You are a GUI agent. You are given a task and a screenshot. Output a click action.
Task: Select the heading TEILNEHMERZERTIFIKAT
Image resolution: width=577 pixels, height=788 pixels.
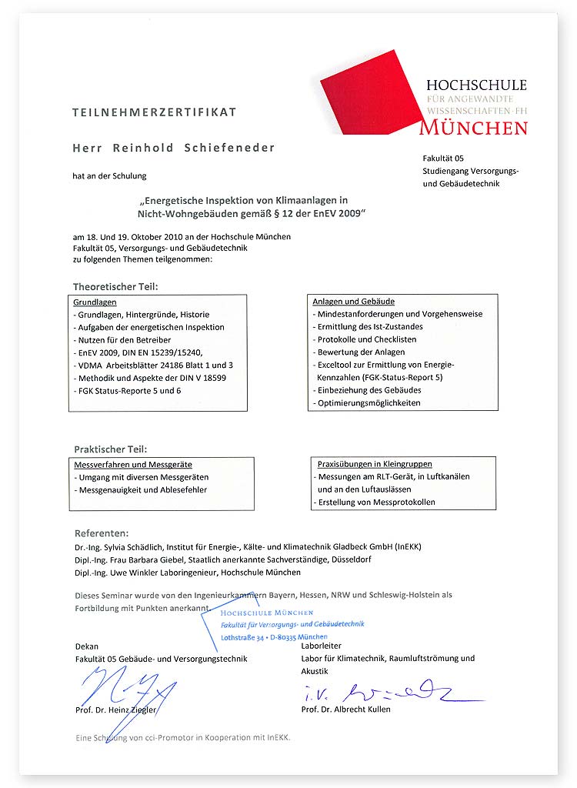click(x=155, y=112)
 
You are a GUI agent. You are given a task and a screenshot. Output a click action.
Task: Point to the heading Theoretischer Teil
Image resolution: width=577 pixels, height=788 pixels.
click(x=115, y=286)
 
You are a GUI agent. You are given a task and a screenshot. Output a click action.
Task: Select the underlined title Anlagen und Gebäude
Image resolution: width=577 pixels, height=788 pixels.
click(x=354, y=302)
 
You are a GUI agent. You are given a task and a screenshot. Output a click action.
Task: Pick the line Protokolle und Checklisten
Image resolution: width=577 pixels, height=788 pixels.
click(x=366, y=339)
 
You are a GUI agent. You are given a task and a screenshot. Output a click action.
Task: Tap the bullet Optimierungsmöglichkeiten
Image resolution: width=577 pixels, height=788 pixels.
click(x=369, y=402)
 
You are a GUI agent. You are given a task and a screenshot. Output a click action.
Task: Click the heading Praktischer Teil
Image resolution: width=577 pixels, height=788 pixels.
click(x=110, y=449)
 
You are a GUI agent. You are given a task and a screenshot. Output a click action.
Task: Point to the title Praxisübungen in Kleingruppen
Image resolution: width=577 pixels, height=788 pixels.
click(x=375, y=464)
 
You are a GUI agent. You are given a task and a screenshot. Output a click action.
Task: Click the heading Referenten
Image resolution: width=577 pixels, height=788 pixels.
click(x=102, y=533)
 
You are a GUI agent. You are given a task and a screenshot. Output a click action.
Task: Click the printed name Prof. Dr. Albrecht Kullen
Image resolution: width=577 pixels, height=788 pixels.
click(x=345, y=709)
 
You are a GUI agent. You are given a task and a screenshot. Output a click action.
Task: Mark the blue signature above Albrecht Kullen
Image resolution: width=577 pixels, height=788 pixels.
click(x=385, y=693)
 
